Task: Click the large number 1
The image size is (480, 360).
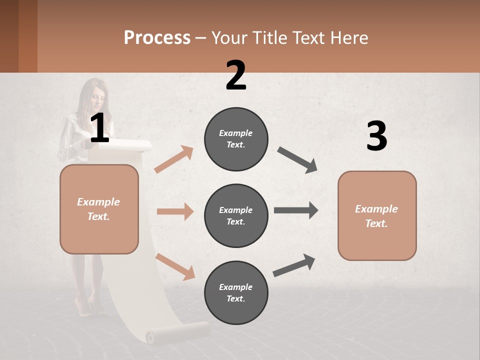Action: coord(99,128)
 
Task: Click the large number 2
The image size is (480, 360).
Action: coord(236,75)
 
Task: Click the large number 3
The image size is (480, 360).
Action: coord(376,136)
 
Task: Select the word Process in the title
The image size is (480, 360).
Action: coord(157,38)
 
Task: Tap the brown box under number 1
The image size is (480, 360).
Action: coord(99,209)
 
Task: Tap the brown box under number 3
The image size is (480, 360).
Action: coord(377,215)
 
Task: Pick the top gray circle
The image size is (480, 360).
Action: coord(236,139)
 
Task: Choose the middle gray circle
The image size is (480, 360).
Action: coord(236,215)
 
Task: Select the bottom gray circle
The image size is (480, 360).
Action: coord(236,292)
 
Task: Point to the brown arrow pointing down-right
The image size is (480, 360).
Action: coord(175,266)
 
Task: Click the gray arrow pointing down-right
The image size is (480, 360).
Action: coord(297,160)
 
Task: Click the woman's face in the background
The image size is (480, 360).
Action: coord(98,98)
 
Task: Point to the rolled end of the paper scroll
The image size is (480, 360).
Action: coord(177,333)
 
